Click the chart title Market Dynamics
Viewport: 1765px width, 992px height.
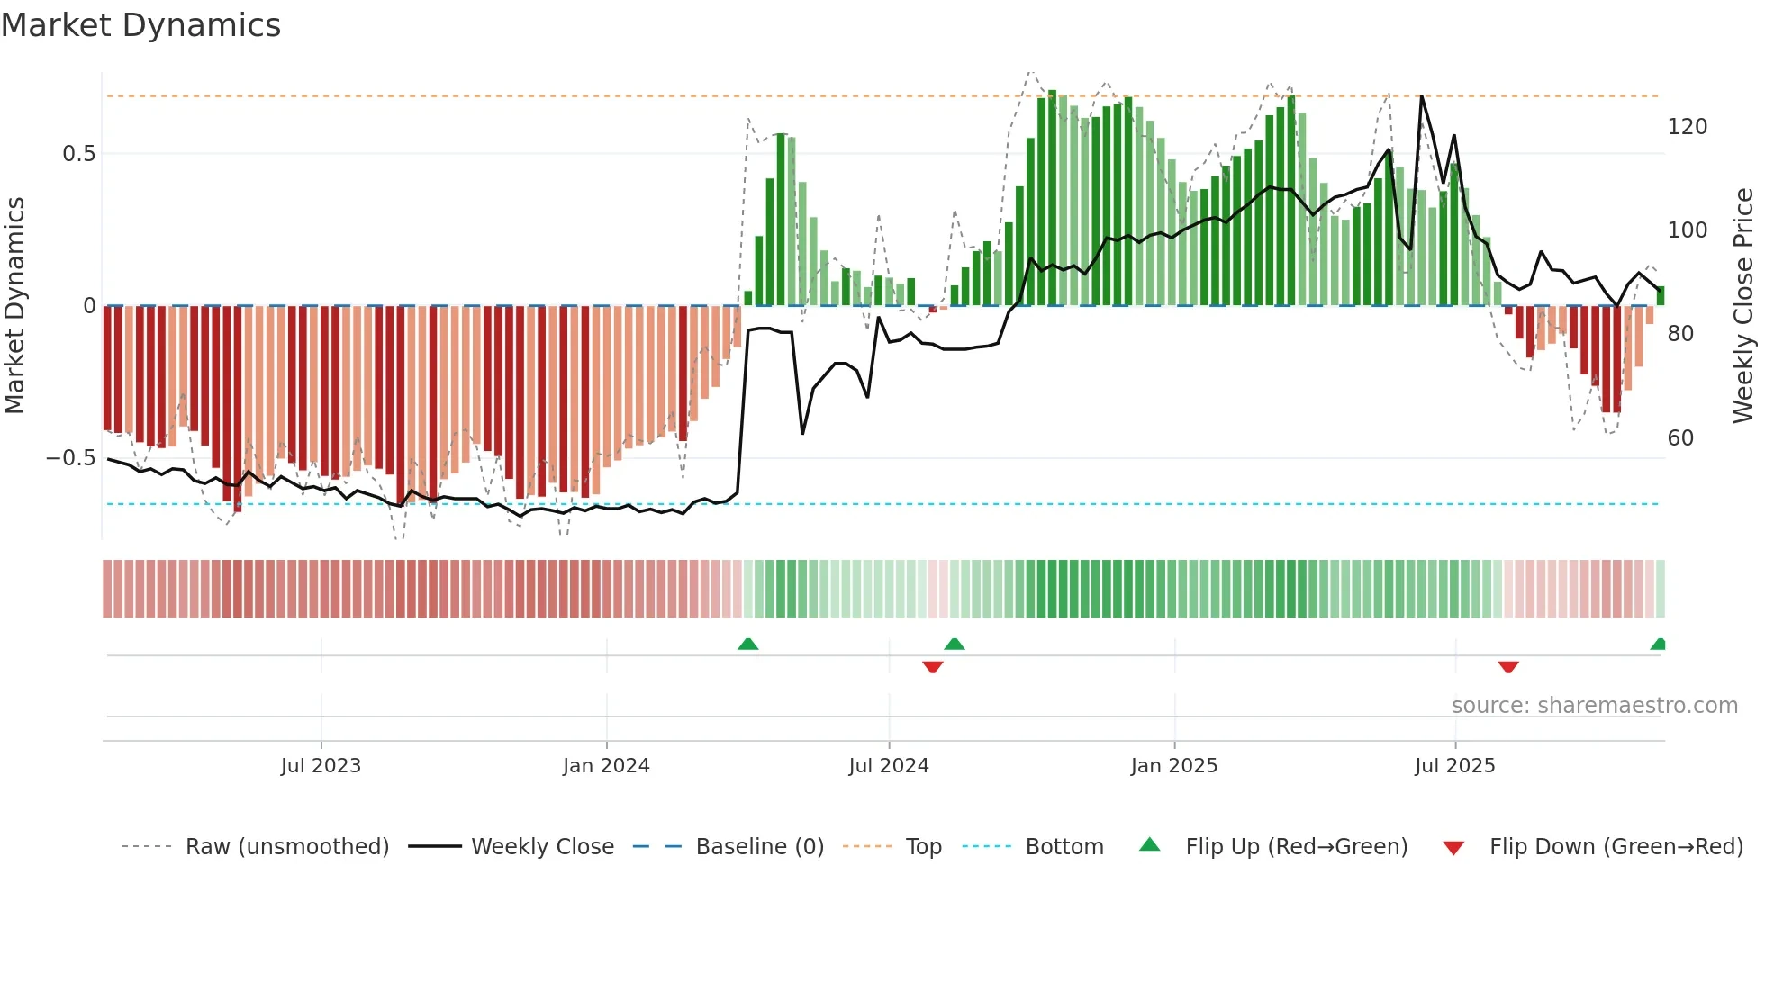click(141, 25)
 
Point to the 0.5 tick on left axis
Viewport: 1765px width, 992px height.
click(78, 154)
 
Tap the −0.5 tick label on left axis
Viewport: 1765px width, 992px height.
click(71, 458)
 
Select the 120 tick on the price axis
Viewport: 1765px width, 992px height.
click(1687, 127)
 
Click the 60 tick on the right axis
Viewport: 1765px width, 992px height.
click(1680, 438)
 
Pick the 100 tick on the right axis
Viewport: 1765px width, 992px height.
click(1687, 230)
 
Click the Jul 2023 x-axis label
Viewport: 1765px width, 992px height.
click(321, 766)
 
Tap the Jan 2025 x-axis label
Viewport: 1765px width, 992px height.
click(1173, 766)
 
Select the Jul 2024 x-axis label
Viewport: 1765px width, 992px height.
click(888, 766)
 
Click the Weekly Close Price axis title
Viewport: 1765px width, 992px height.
click(1743, 306)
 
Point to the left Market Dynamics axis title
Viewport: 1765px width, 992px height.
click(14, 306)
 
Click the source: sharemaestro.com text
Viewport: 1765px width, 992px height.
click(1594, 706)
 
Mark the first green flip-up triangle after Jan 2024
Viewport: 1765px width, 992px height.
click(747, 644)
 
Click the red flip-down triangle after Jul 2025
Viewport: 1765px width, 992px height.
click(1508, 667)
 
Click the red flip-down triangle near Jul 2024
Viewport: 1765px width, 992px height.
click(932, 667)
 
